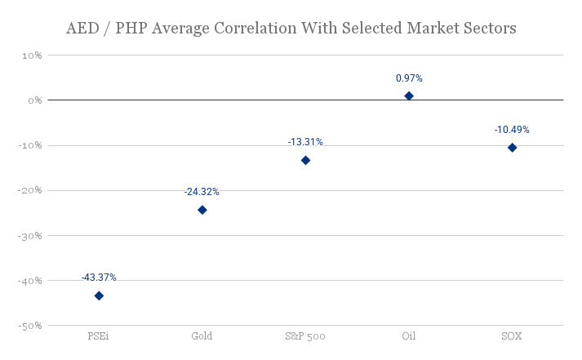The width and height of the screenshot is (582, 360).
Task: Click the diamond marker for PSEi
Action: [x=99, y=296]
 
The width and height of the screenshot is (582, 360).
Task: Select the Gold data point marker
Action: [x=202, y=210]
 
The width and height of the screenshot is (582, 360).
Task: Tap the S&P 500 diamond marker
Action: [x=305, y=160]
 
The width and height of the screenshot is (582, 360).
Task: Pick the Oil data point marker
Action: [x=409, y=96]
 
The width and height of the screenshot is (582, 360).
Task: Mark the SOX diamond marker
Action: [x=512, y=147]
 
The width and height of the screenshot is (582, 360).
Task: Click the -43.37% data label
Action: [x=99, y=278]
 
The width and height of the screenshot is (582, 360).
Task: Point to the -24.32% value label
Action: [x=202, y=192]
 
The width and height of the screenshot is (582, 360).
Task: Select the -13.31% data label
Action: [x=305, y=142]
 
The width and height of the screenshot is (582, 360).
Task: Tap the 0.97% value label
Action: [x=409, y=78]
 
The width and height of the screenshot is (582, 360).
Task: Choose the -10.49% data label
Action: [x=512, y=129]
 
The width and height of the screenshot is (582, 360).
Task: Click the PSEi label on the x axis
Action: [x=99, y=336]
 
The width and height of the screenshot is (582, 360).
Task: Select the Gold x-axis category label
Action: [x=202, y=336]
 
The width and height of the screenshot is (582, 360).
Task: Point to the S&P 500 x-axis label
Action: [x=305, y=336]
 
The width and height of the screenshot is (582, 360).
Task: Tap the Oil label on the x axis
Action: [x=409, y=336]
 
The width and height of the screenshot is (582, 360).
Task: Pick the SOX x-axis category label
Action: [x=512, y=336]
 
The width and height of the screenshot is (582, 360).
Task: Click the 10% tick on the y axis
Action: [x=32, y=56]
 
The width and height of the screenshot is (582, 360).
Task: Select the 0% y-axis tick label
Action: [x=34, y=100]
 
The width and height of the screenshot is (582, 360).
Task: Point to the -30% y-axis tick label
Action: [x=30, y=236]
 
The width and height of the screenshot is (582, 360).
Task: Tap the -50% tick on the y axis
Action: [x=30, y=326]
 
